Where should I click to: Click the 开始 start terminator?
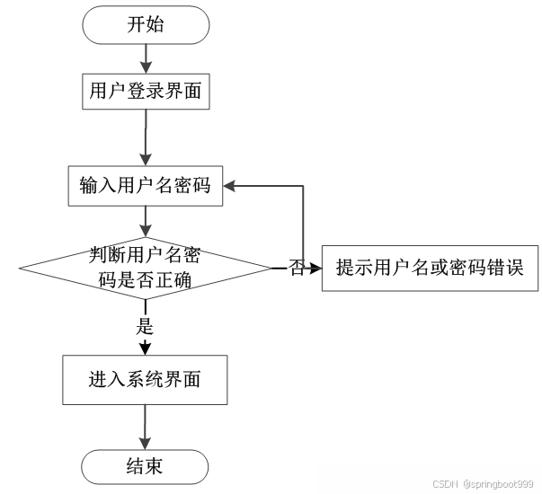145,25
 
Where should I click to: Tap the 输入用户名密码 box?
145,186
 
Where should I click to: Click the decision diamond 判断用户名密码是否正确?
145,268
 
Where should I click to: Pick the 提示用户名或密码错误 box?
430,268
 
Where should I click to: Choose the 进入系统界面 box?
145,379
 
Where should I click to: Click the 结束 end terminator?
145,467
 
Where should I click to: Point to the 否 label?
297,268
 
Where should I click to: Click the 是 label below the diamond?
145,326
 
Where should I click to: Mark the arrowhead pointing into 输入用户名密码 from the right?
230,186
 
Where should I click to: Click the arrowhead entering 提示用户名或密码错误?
315,268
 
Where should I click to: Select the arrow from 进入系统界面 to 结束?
145,427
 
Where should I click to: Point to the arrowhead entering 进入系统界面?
145,349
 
